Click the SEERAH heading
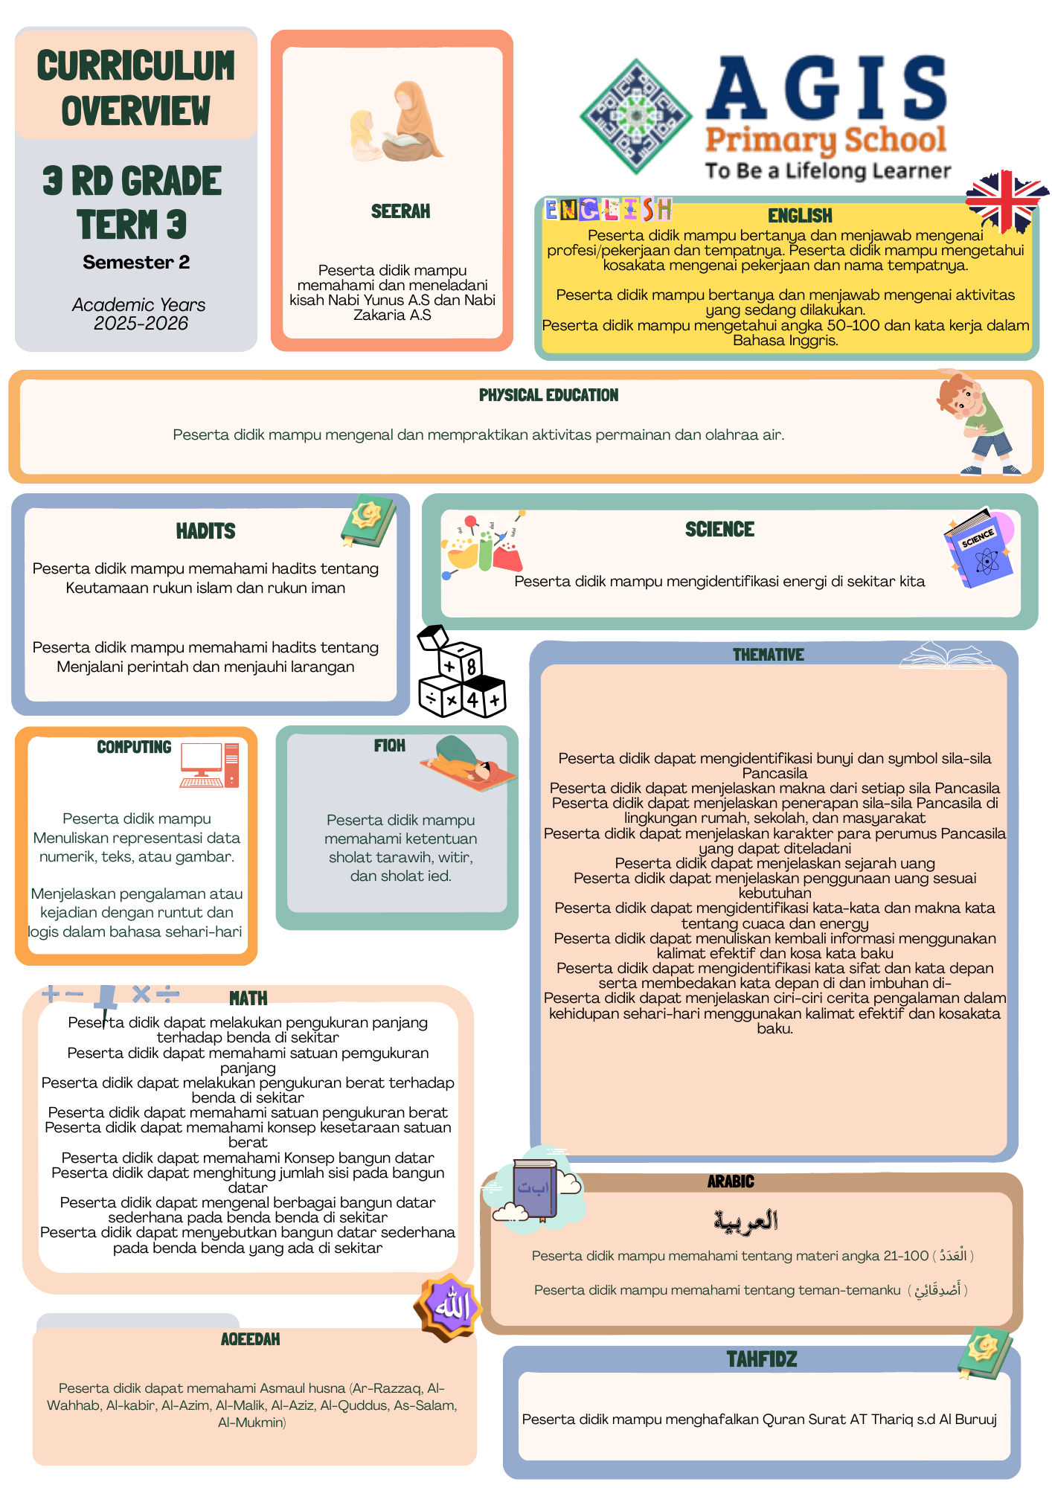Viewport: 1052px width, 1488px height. point(400,212)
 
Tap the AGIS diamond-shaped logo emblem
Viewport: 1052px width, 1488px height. point(636,116)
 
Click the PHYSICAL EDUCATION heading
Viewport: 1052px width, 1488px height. point(548,395)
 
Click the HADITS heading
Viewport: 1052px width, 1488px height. point(205,531)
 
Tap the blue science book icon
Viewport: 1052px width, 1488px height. point(979,549)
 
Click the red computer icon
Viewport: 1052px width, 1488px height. point(210,765)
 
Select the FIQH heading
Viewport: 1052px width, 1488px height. point(390,745)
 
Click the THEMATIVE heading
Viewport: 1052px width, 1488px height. point(768,655)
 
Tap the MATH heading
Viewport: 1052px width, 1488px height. point(248,998)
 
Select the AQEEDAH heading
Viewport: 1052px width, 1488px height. point(250,1339)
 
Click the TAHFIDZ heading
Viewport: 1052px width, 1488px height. point(761,1359)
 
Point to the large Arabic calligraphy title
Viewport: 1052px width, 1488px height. point(745,1220)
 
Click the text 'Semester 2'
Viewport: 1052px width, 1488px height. point(136,263)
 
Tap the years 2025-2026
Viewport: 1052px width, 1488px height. point(141,324)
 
